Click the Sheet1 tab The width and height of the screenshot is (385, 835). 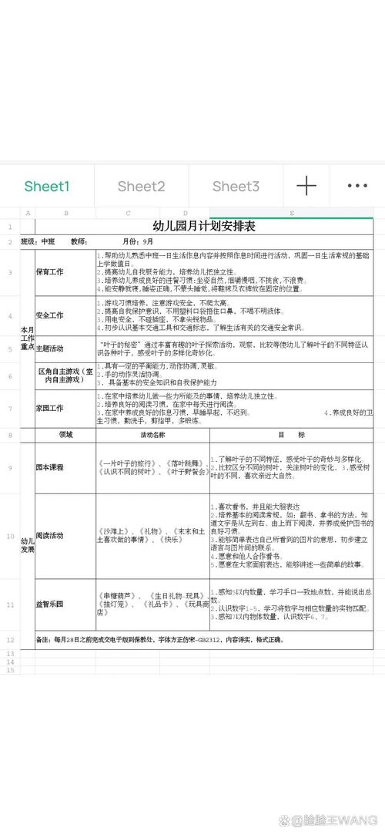(x=47, y=187)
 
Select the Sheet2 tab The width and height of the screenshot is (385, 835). (x=142, y=187)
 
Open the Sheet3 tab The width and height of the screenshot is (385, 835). (x=236, y=187)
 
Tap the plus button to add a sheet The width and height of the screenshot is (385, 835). (x=306, y=186)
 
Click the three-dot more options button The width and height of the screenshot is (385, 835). (x=357, y=186)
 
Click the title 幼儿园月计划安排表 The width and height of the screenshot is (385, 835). (x=204, y=227)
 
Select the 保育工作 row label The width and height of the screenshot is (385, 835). (x=50, y=272)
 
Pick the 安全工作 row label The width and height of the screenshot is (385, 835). (x=50, y=315)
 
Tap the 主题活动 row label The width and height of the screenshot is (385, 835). (x=50, y=348)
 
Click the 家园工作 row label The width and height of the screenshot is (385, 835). (x=50, y=407)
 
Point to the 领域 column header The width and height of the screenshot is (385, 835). (x=65, y=435)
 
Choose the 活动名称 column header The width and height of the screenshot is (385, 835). (x=152, y=435)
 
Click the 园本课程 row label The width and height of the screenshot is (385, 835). (x=50, y=467)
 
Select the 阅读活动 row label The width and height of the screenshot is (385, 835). (x=50, y=535)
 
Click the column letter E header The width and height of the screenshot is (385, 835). (x=292, y=213)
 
